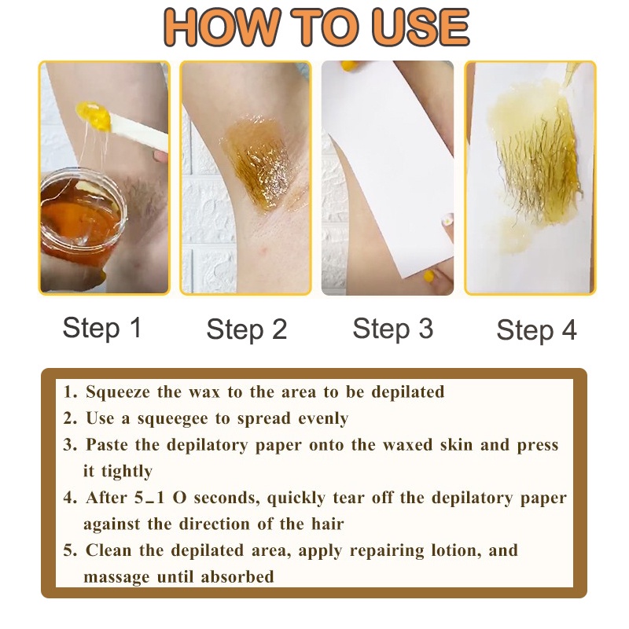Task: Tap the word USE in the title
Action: [x=421, y=27]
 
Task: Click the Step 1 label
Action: [x=102, y=328]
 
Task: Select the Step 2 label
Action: [x=247, y=329]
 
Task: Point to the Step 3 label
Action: [x=393, y=329]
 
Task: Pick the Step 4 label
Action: [x=537, y=330]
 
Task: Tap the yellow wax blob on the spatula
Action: [x=94, y=116]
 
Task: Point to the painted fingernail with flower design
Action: [x=447, y=220]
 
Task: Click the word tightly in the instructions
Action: [x=127, y=472]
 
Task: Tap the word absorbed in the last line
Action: [x=237, y=577]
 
